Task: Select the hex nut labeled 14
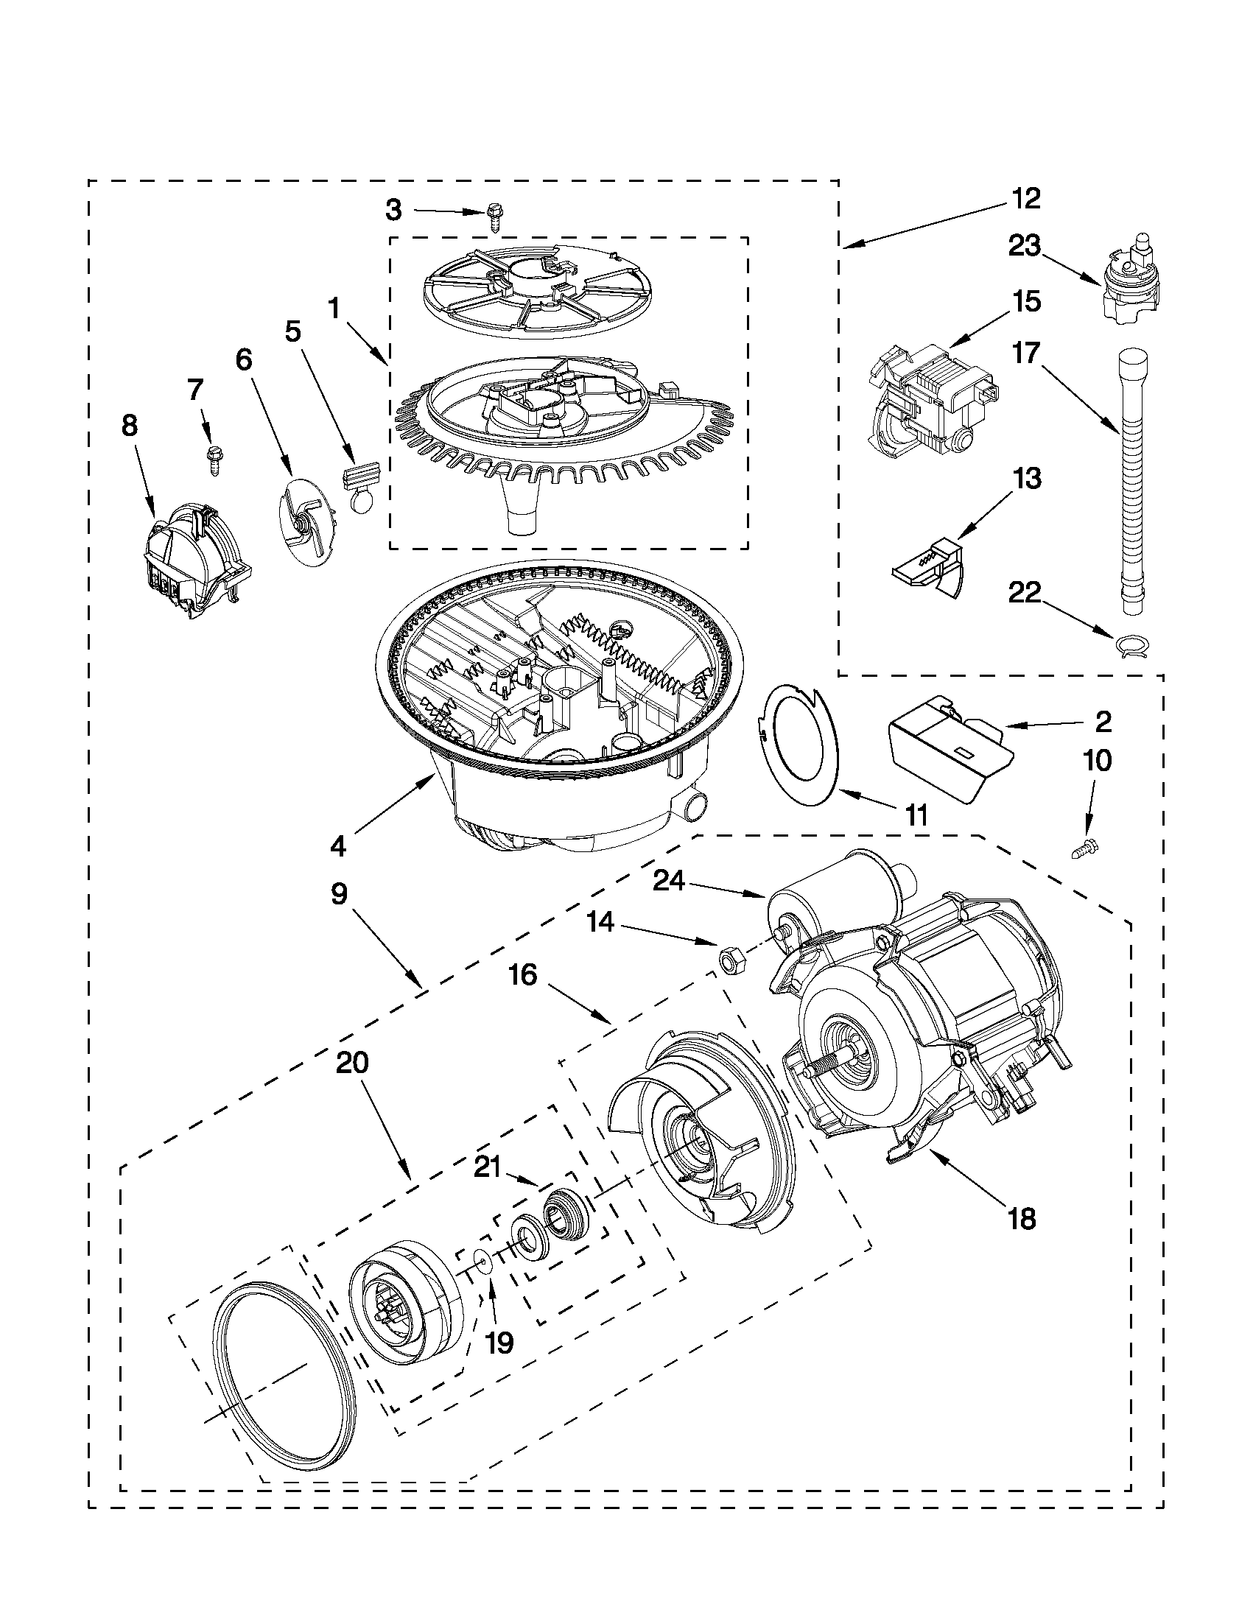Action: click(x=727, y=960)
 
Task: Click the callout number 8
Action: click(x=129, y=427)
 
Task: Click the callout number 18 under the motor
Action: click(x=1023, y=1219)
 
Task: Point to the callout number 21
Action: click(x=487, y=1167)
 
